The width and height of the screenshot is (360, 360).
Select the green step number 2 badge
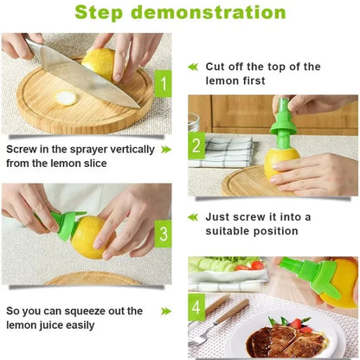(196, 145)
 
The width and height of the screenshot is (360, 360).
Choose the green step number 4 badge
(196, 305)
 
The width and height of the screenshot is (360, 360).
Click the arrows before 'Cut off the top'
(194, 67)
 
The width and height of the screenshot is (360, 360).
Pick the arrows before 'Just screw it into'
(194, 216)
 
